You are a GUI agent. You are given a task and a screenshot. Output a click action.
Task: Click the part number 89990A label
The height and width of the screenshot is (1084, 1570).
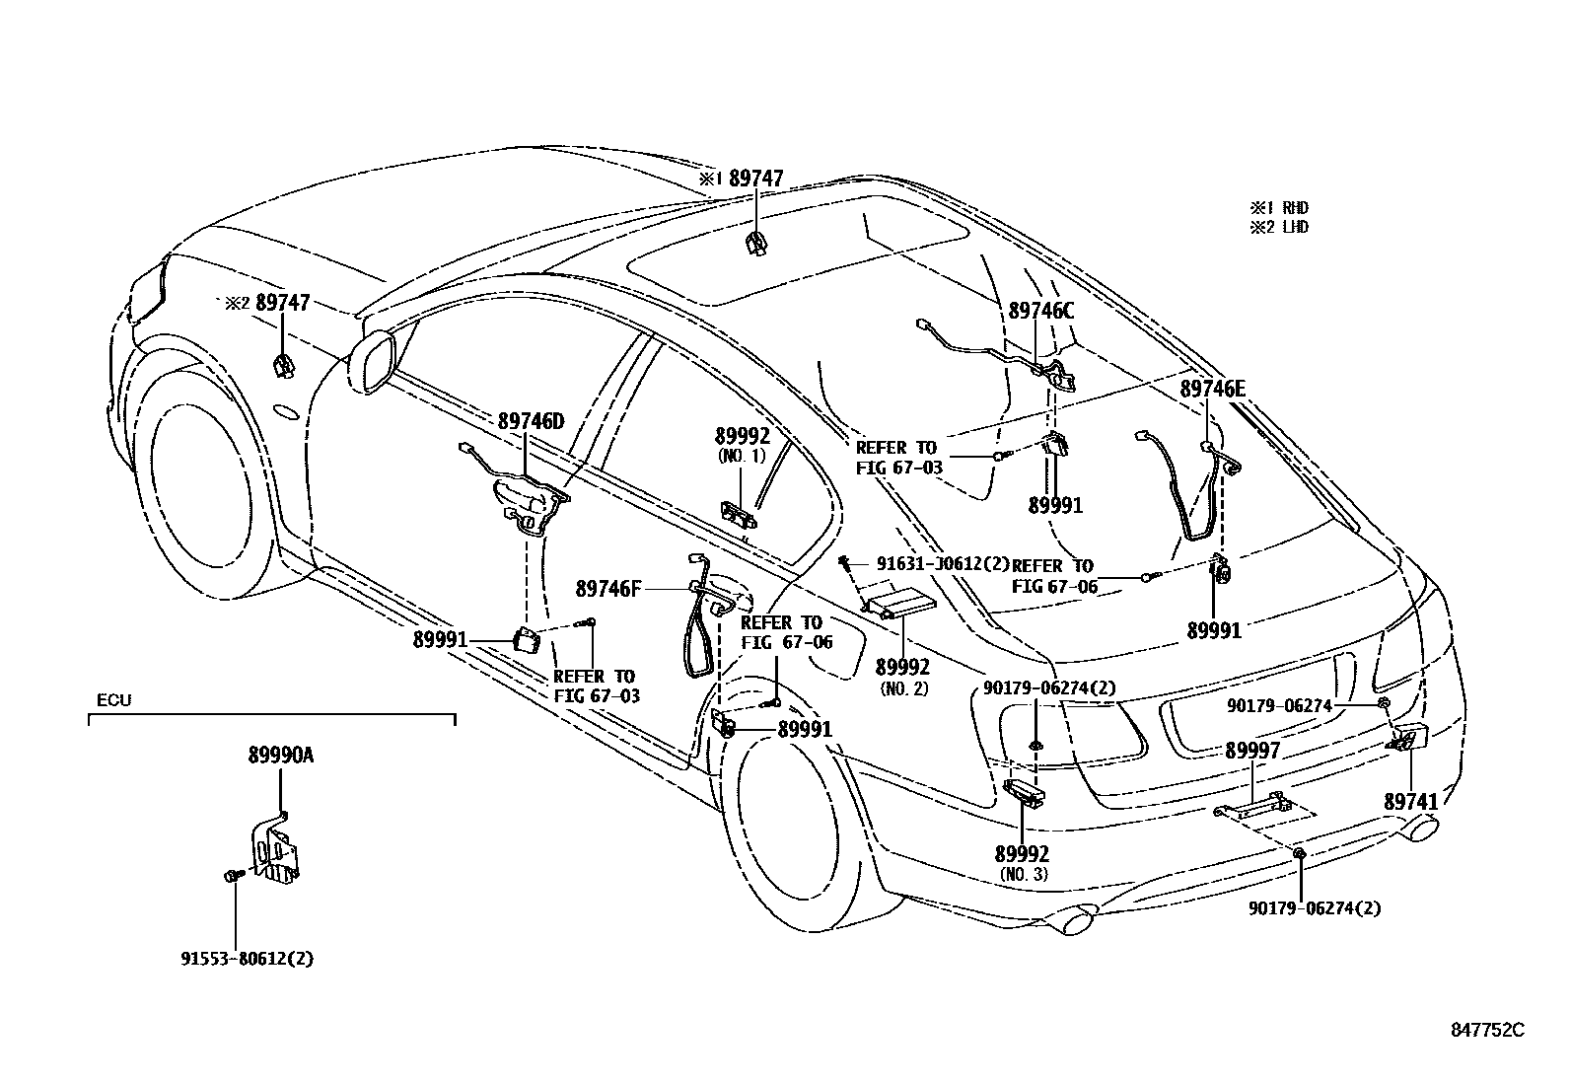point(280,756)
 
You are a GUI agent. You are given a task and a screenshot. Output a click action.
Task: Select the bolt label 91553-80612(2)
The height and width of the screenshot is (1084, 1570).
point(247,958)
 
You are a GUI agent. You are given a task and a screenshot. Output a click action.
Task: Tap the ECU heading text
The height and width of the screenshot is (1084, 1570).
point(113,700)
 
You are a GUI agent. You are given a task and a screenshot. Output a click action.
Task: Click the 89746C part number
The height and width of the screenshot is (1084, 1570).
point(1040,310)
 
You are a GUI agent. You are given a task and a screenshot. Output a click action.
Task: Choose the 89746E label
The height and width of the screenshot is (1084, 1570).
point(1213,389)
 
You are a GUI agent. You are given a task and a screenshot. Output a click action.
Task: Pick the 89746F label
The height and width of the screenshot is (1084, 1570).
point(608,589)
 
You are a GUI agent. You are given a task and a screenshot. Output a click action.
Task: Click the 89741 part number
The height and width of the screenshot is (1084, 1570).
point(1410,802)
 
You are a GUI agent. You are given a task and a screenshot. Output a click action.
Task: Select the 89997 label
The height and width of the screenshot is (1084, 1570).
point(1252,751)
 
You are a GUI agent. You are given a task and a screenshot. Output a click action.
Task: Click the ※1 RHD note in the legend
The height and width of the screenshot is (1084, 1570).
point(1280,208)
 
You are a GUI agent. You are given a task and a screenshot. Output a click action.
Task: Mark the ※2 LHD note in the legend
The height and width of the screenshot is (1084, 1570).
point(1280,227)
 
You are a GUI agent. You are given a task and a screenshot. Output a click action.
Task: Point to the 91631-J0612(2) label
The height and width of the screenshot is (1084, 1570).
point(943,563)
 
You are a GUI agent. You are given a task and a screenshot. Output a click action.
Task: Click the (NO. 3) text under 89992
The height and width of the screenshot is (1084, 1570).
point(1023,875)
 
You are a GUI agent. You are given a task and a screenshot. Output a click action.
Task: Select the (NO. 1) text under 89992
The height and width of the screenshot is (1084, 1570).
point(742,457)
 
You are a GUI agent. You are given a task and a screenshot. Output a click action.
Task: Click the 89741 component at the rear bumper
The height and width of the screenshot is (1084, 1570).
point(1411,737)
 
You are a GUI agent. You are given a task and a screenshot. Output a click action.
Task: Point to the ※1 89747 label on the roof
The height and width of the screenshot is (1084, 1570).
point(742,179)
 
